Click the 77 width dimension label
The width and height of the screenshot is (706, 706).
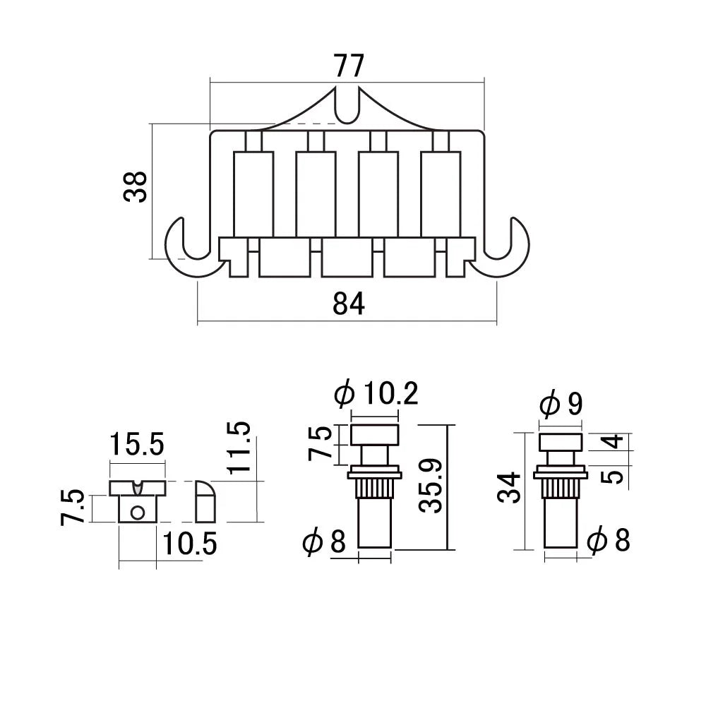[348, 66]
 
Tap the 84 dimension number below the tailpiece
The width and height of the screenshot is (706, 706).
[348, 304]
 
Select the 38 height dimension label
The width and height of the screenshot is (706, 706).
[136, 186]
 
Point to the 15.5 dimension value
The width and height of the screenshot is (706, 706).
[136, 445]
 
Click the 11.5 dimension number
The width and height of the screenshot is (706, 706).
[239, 447]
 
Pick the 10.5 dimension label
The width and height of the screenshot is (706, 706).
[189, 544]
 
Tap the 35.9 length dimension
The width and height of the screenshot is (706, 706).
[430, 487]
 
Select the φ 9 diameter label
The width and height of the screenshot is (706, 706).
[561, 405]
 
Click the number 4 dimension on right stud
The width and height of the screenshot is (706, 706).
[614, 442]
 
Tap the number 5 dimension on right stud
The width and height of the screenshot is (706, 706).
[614, 475]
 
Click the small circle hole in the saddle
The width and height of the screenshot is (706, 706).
[138, 511]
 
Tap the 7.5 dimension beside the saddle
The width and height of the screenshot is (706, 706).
[74, 507]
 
